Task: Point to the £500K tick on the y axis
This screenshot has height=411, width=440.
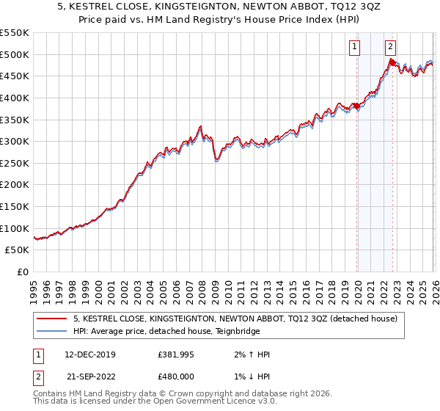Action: click(15, 54)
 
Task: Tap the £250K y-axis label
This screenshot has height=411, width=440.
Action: click(15, 163)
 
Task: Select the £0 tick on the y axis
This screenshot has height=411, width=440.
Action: click(22, 272)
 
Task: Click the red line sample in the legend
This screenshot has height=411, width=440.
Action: click(52, 319)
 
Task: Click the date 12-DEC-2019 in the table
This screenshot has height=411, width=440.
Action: click(89, 354)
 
